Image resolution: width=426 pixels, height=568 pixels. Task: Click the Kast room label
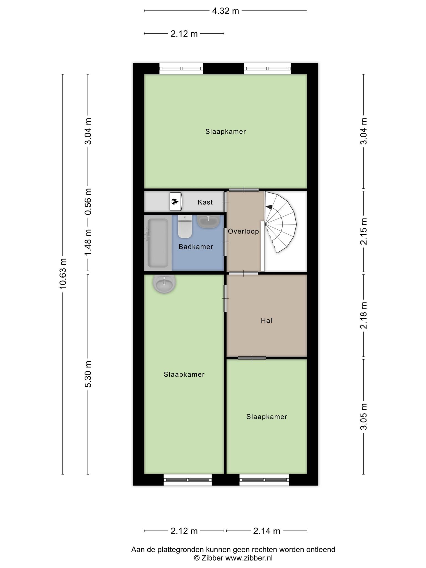click(205, 202)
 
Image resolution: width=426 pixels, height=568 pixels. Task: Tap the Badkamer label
click(196, 247)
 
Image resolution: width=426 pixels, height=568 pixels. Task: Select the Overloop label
click(244, 231)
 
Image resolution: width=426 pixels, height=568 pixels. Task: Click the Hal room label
click(267, 321)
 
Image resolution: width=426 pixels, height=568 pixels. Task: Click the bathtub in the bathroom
click(158, 243)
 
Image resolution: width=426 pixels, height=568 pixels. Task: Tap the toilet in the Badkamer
click(185, 227)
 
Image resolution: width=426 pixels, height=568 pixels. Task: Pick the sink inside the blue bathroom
click(208, 222)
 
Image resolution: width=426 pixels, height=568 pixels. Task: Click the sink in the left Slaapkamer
click(164, 284)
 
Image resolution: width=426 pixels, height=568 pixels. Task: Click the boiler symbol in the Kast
click(176, 202)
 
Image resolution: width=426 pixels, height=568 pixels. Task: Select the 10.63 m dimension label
click(63, 274)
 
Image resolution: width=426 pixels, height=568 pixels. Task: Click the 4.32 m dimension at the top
click(225, 11)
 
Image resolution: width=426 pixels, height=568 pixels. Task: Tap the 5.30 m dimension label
click(88, 374)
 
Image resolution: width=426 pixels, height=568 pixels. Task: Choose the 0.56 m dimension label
click(88, 202)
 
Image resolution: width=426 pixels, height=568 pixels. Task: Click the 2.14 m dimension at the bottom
click(267, 531)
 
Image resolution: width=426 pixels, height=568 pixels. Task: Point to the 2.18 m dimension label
click(364, 316)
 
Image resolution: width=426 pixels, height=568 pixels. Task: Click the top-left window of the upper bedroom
click(181, 69)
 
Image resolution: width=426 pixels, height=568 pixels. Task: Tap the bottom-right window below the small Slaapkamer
click(264, 480)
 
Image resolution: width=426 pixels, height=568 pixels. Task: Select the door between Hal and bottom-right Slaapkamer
click(252, 358)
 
